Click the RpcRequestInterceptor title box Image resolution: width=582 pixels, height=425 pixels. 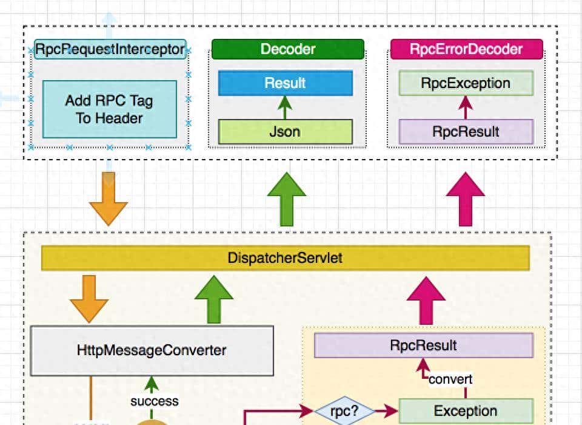tap(110, 49)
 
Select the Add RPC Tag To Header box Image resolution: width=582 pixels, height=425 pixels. tap(110, 109)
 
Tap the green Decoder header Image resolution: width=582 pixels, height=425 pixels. tap(288, 49)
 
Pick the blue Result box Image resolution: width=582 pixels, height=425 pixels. tap(285, 83)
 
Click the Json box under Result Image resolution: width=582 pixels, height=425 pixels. tap(285, 131)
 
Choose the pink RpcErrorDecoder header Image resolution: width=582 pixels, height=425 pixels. tap(466, 49)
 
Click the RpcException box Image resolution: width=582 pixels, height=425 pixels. tap(466, 83)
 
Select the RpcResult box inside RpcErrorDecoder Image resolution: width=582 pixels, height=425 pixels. tap(466, 131)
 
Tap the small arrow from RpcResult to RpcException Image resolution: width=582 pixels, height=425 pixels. tap(466, 107)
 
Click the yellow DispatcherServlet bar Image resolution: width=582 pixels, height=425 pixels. tap(285, 258)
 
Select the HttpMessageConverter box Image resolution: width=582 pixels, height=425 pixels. tap(152, 350)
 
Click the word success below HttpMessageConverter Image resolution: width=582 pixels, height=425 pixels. tap(154, 401)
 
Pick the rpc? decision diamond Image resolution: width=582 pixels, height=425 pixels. tap(345, 412)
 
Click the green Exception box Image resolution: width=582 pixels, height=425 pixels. tap(466, 411)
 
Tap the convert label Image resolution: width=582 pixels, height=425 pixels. tap(450, 379)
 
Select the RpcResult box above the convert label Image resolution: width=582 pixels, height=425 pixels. tap(423, 346)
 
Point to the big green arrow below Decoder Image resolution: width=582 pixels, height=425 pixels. tap(287, 199)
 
